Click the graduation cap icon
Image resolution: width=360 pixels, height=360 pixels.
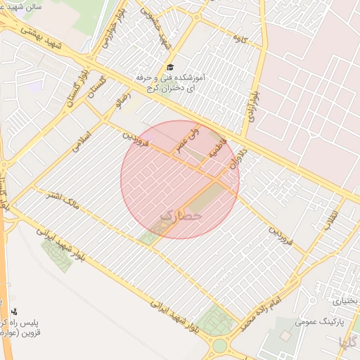point(170,66)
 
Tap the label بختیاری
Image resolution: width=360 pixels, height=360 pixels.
point(344,300)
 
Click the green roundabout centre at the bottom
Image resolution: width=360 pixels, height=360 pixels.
point(220,346)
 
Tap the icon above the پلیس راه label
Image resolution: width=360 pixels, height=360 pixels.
point(14,310)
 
